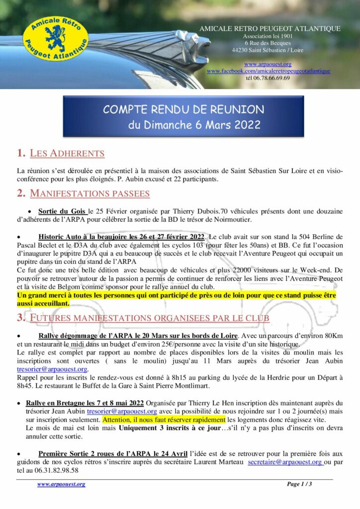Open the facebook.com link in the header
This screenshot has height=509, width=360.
click(x=269, y=71)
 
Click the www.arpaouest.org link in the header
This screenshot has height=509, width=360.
click(x=268, y=64)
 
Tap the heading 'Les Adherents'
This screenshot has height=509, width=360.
click(x=67, y=153)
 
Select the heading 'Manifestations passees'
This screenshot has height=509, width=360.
click(x=90, y=193)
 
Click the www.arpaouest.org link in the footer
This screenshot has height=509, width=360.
click(x=61, y=484)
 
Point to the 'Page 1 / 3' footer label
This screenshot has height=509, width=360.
click(x=299, y=484)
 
